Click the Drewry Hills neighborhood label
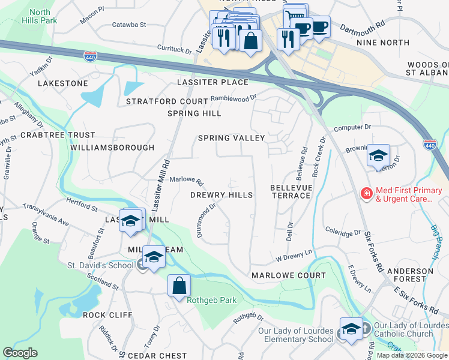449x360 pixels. tap(221, 195)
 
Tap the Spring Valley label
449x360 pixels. tap(232, 138)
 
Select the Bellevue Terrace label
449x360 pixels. tap(291, 193)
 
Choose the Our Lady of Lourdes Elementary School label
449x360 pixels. tap(295, 335)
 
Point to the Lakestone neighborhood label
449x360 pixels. tap(62, 83)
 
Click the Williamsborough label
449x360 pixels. tap(112, 147)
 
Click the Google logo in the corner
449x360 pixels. tap(20, 352)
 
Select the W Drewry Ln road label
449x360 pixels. tap(295, 256)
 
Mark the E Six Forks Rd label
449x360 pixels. tap(415, 300)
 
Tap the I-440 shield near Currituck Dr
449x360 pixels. tap(90, 56)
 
